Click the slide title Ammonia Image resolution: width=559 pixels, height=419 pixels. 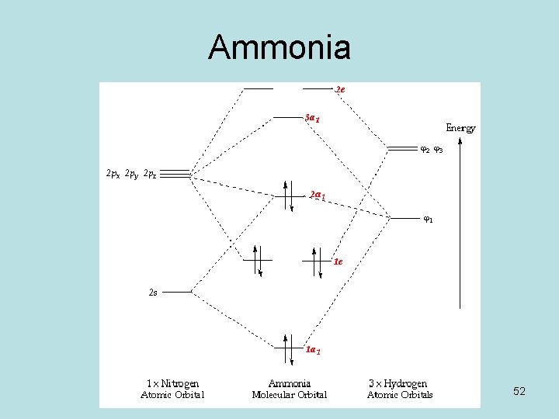click(279, 48)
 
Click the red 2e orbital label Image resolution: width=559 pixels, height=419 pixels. click(341, 89)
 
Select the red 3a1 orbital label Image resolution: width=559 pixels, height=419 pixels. click(312, 119)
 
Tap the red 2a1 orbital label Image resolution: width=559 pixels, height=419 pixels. click(318, 194)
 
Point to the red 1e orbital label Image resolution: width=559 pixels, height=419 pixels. click(339, 261)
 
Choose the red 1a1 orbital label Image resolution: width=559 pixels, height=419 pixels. click(313, 350)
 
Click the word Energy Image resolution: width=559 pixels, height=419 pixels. click(460, 127)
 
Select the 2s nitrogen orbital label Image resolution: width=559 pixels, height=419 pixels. click(153, 293)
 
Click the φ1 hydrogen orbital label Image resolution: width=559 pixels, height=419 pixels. click(428, 219)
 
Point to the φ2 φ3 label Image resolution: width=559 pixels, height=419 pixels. click(432, 150)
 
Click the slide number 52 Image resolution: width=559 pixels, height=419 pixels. click(519, 392)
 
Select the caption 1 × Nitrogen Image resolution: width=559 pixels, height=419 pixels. click(172, 383)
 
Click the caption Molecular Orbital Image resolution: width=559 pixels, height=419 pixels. click(290, 395)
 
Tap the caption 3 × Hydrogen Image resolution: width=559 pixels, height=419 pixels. click(399, 383)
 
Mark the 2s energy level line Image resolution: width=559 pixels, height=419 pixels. click(178, 293)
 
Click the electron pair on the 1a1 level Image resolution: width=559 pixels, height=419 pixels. click(287, 350)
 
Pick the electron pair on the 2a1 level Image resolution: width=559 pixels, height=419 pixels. click(288, 195)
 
